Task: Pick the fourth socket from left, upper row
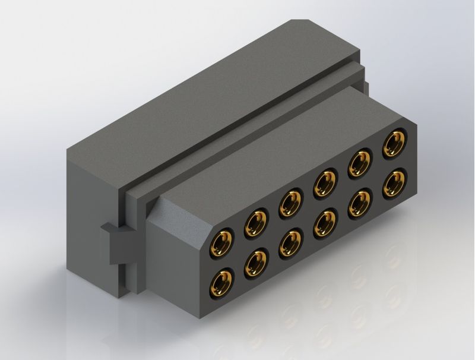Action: [324, 182]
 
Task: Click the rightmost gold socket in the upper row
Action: [394, 143]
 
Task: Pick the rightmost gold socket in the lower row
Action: [394, 182]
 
